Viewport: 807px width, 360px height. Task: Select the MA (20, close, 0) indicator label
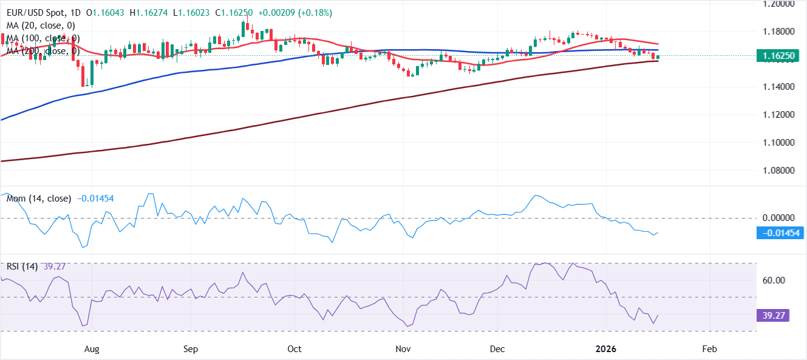[x=42, y=25]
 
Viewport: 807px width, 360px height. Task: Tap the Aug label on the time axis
[x=91, y=350]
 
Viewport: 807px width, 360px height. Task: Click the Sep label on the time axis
[x=190, y=350]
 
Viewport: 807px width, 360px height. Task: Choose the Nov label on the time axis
[x=402, y=350]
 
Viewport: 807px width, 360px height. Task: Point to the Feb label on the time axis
[x=708, y=350]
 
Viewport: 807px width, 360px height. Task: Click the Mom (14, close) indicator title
[x=38, y=199]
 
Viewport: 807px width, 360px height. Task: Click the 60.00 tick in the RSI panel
[x=774, y=280]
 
